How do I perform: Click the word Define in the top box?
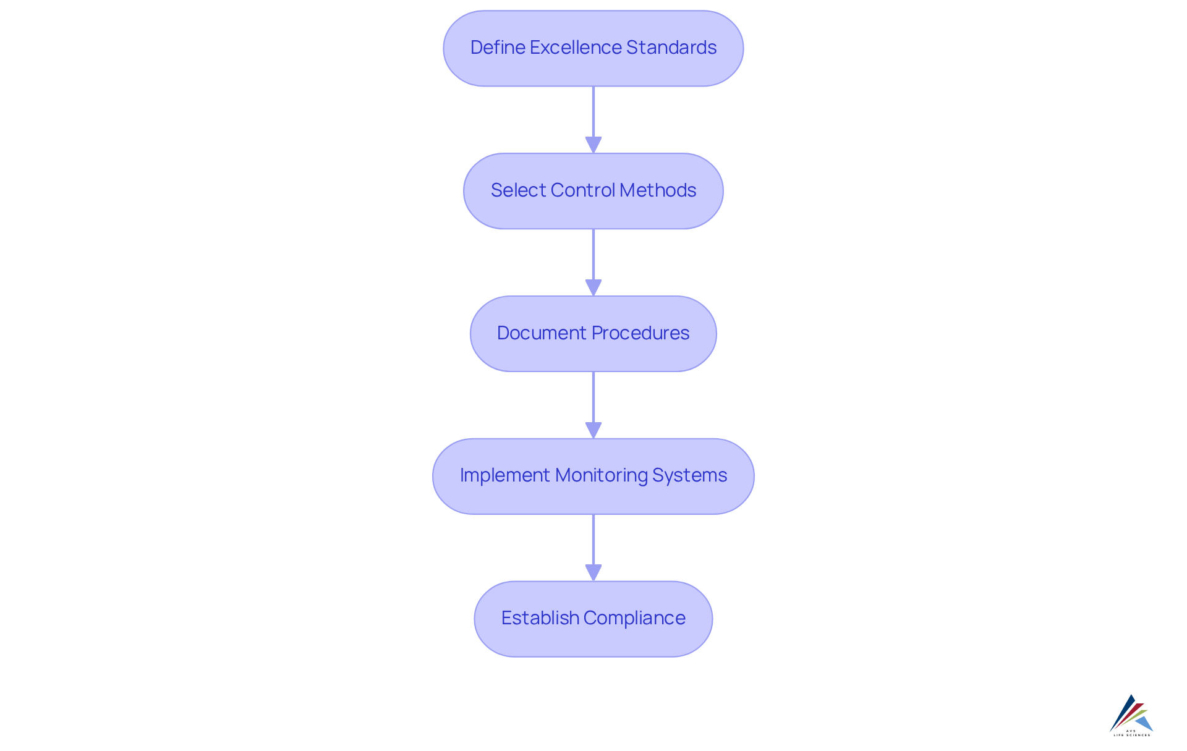pyautogui.click(x=497, y=48)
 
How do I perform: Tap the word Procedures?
pyautogui.click(x=640, y=333)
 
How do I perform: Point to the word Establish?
pyautogui.click(x=540, y=618)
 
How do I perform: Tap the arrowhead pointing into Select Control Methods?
pyautogui.click(x=593, y=145)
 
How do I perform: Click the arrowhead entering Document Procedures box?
pyautogui.click(x=593, y=287)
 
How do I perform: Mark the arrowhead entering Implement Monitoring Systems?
pyautogui.click(x=593, y=430)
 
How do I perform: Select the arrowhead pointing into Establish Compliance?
pyautogui.click(x=593, y=572)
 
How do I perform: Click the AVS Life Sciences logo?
pyautogui.click(x=1131, y=715)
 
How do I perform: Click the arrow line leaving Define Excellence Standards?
pyautogui.click(x=593, y=111)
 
